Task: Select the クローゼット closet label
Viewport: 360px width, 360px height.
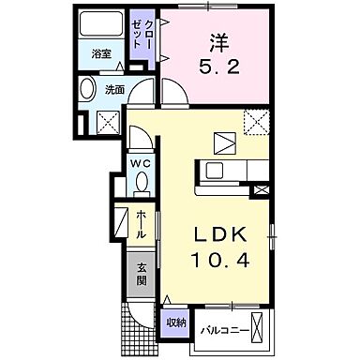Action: point(141,39)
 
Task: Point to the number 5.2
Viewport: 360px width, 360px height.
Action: point(218,67)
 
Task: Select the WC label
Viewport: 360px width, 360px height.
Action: point(139,161)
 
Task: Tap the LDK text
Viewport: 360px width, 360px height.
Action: point(222,234)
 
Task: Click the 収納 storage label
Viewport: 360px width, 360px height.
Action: point(174,322)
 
